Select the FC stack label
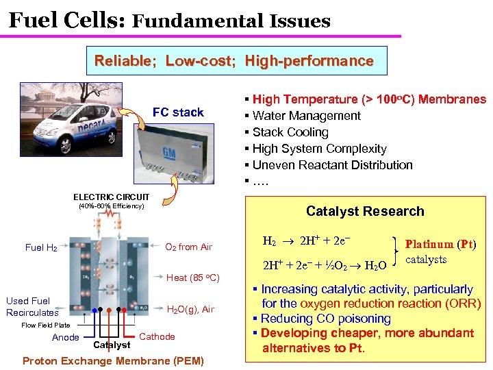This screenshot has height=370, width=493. pyautogui.click(x=178, y=112)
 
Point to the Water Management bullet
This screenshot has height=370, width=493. pyautogui.click(x=306, y=116)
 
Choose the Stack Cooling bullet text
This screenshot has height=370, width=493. pyautogui.click(x=290, y=132)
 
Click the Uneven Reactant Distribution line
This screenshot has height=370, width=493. pyautogui.click(x=332, y=165)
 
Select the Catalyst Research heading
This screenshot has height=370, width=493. pyautogui.click(x=365, y=211)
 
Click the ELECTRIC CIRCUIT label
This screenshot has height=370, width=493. pyautogui.click(x=111, y=197)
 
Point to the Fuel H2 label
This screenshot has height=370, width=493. pyautogui.click(x=41, y=247)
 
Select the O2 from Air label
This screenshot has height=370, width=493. pyautogui.click(x=189, y=247)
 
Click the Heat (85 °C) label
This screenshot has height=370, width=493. pyautogui.click(x=192, y=277)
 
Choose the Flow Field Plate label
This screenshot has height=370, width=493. pyautogui.click(x=45, y=325)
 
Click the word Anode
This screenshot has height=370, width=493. pyautogui.click(x=66, y=336)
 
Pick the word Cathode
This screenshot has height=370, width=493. pyautogui.click(x=157, y=336)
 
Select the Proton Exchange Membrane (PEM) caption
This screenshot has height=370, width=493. pyautogui.click(x=113, y=360)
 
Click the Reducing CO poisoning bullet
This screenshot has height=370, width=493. pyautogui.click(x=325, y=319)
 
